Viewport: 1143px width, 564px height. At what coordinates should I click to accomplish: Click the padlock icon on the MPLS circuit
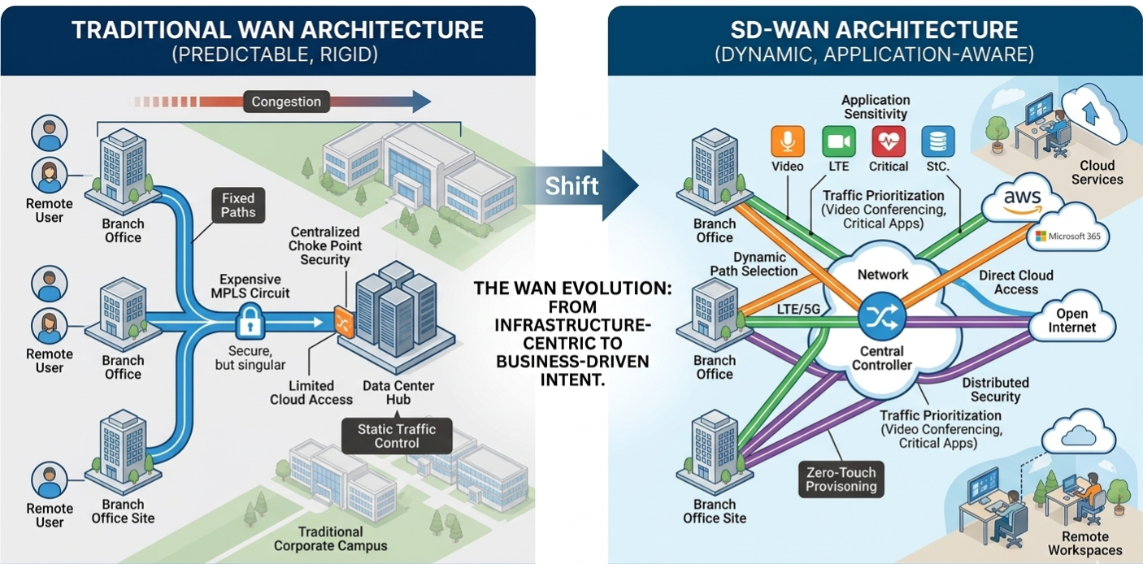point(250,323)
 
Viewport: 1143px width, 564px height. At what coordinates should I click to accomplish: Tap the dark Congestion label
point(286,102)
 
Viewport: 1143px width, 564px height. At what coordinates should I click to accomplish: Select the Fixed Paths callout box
point(237,205)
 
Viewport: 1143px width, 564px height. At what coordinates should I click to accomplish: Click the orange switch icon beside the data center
point(343,321)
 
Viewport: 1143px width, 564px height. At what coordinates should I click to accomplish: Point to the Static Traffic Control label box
point(397,436)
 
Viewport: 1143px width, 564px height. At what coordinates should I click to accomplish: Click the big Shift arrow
point(573,185)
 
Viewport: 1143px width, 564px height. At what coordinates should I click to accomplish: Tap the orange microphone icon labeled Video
point(787,141)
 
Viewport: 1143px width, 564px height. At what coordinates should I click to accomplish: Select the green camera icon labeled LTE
point(837,141)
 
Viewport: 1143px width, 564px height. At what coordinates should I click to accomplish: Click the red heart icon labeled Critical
point(888,141)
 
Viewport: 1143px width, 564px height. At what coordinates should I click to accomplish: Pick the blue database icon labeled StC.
point(937,141)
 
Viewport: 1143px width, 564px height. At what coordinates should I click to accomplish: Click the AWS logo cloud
point(1022,202)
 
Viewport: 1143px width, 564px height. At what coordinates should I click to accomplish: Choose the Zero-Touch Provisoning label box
point(841,479)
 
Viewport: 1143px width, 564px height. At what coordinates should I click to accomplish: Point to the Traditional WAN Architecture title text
point(277,31)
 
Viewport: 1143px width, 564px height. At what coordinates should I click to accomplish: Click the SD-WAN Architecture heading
point(874,31)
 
